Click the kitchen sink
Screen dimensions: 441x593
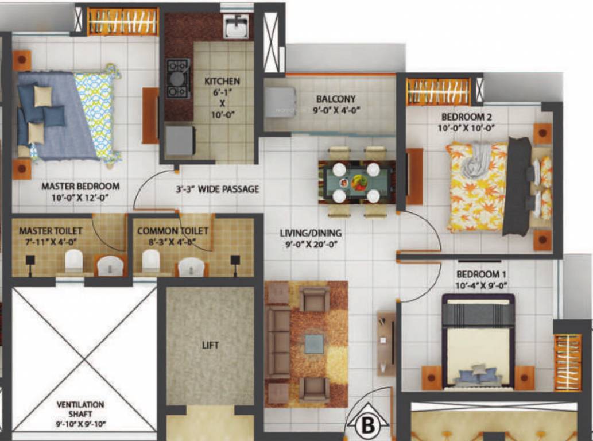[x=236, y=26]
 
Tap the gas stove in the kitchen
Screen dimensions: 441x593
[x=178, y=79]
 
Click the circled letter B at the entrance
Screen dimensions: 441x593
[x=367, y=426]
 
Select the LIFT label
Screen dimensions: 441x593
[x=210, y=345]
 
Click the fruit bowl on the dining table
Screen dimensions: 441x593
[x=359, y=182]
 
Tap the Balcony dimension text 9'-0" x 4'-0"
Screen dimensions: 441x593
[x=336, y=111]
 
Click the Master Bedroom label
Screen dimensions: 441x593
[x=80, y=186]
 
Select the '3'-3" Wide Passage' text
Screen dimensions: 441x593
[x=217, y=189]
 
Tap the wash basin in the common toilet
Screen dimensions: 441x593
[x=191, y=267]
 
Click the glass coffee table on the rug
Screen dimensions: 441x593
[x=314, y=344]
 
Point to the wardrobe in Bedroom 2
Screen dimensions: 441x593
[x=438, y=92]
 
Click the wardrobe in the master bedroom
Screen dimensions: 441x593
[x=122, y=22]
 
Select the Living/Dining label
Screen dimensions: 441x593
[x=311, y=233]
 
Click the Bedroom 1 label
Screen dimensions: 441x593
[x=482, y=274]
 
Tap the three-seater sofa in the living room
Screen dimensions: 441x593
[x=278, y=343]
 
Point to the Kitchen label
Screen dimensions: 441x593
[x=222, y=82]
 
